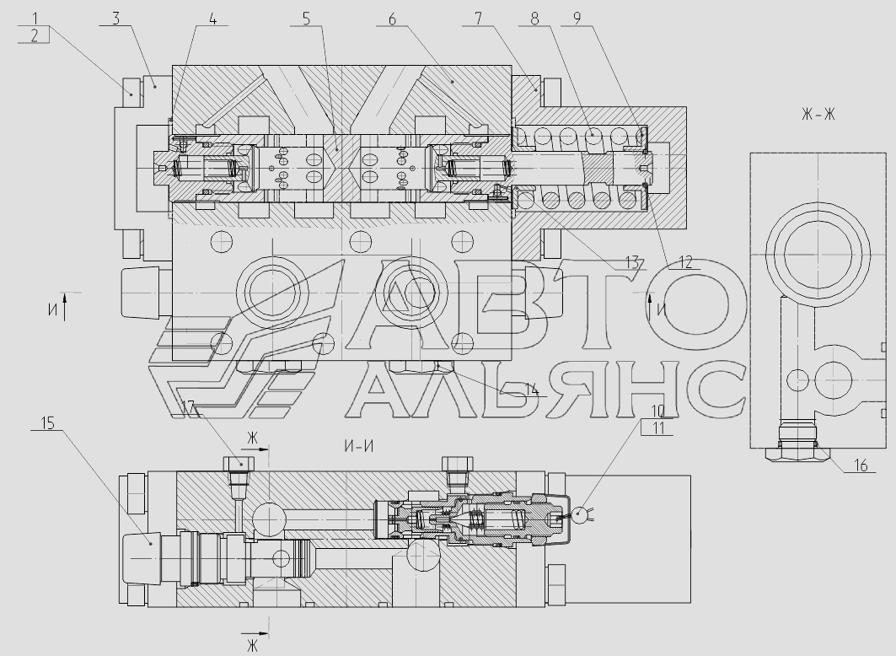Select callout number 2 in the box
point(35,35)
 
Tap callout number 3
point(116,19)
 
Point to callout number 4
point(212,19)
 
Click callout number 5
point(306,19)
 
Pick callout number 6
point(392,19)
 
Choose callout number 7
point(478,19)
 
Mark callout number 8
point(534,19)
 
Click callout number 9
point(577,19)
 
